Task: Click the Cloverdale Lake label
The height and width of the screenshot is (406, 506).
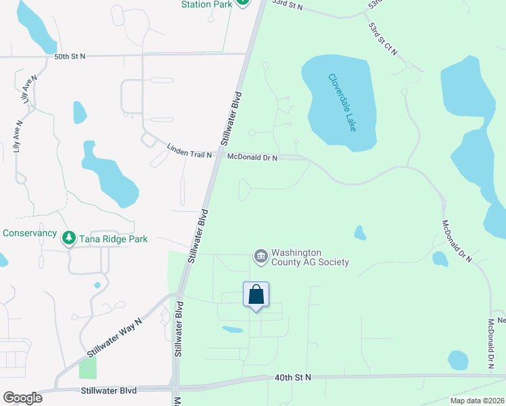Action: click(x=342, y=103)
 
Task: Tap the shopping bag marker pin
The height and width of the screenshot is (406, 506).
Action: click(x=256, y=296)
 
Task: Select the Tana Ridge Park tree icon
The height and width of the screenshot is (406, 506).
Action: click(x=68, y=238)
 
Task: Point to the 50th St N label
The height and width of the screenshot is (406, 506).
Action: click(x=70, y=56)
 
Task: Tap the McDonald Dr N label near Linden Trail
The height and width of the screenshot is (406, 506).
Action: click(x=252, y=158)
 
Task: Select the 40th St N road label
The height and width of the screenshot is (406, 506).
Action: click(x=292, y=377)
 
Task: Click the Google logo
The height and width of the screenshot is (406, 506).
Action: click(x=22, y=398)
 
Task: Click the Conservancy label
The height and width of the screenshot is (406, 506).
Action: click(x=29, y=233)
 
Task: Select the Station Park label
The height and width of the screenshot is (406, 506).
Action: click(x=206, y=4)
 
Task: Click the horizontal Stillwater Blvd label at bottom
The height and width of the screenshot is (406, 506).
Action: click(x=108, y=390)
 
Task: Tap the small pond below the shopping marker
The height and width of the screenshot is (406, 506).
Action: click(x=232, y=330)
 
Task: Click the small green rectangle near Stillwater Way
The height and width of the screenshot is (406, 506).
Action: click(x=88, y=367)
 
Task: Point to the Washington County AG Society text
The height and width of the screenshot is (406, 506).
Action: click(x=310, y=257)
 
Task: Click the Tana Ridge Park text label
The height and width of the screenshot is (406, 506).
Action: click(x=113, y=239)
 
